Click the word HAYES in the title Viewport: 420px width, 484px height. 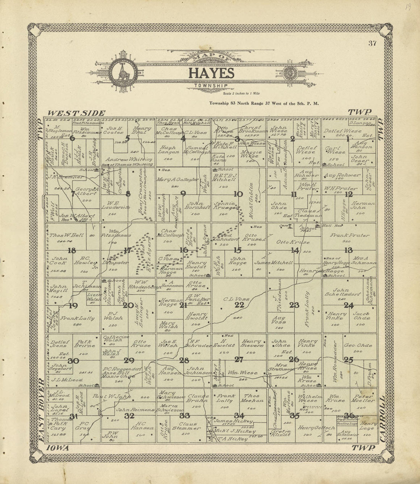click(209, 73)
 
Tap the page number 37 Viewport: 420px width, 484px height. click(372, 43)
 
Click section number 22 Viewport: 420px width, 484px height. click(239, 305)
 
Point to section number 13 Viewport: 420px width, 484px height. click(348, 250)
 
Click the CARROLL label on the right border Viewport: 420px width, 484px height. click(383, 420)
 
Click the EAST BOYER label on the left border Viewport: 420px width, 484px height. click(42, 412)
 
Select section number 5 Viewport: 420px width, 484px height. click(128, 139)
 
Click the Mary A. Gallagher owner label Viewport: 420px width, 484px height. click(176, 179)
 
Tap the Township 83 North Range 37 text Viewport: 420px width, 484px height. click(264, 103)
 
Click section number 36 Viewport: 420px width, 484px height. click(349, 416)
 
